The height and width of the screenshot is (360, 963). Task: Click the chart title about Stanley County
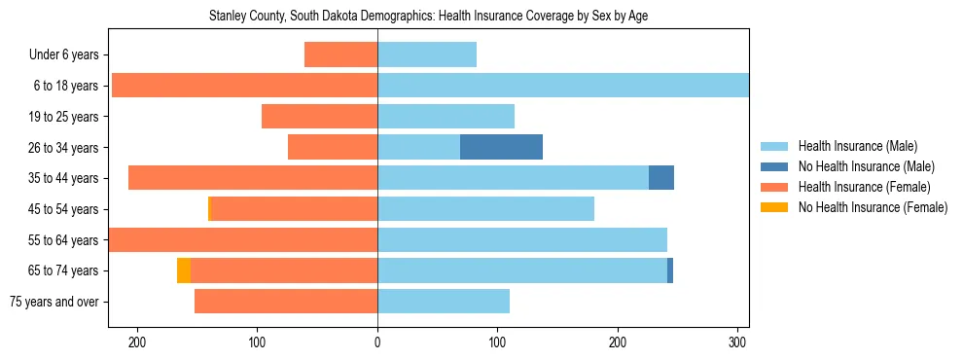tap(428, 17)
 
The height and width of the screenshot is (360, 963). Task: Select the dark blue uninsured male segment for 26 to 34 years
tap(501, 147)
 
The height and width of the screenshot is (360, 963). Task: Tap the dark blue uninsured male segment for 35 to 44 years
tap(660, 178)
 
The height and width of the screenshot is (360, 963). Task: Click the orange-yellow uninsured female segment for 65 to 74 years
tap(183, 270)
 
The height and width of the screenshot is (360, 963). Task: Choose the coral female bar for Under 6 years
tap(340, 54)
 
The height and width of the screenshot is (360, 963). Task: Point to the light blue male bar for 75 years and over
tap(444, 302)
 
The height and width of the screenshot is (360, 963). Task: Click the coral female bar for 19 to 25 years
tap(319, 117)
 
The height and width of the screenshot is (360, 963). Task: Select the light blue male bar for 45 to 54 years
tap(485, 209)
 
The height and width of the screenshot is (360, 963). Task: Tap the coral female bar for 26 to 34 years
tap(333, 147)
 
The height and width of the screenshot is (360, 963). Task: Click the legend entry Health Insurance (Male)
tap(856, 146)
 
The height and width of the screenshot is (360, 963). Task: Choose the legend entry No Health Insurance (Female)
tap(873, 207)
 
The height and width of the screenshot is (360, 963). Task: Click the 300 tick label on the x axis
tap(737, 342)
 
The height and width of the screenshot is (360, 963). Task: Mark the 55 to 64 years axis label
tap(61, 240)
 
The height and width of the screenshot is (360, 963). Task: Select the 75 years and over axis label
tap(53, 302)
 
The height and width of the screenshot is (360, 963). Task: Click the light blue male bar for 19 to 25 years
tap(446, 117)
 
